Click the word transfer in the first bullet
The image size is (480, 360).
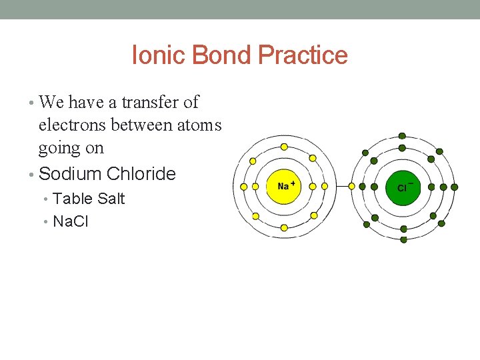(142, 102)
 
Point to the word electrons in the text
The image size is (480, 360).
(73, 125)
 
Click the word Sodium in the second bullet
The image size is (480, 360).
(70, 174)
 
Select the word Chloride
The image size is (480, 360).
(141, 174)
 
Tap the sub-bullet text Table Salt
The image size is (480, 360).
(89, 199)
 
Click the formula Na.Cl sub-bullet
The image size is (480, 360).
(70, 221)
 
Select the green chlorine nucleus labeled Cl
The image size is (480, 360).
(403, 187)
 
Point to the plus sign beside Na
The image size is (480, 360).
(293, 182)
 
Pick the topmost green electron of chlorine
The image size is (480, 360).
(402, 135)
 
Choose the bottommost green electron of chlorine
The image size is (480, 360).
(403, 239)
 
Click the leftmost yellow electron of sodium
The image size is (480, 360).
(243, 187)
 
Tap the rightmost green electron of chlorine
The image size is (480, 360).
(455, 187)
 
